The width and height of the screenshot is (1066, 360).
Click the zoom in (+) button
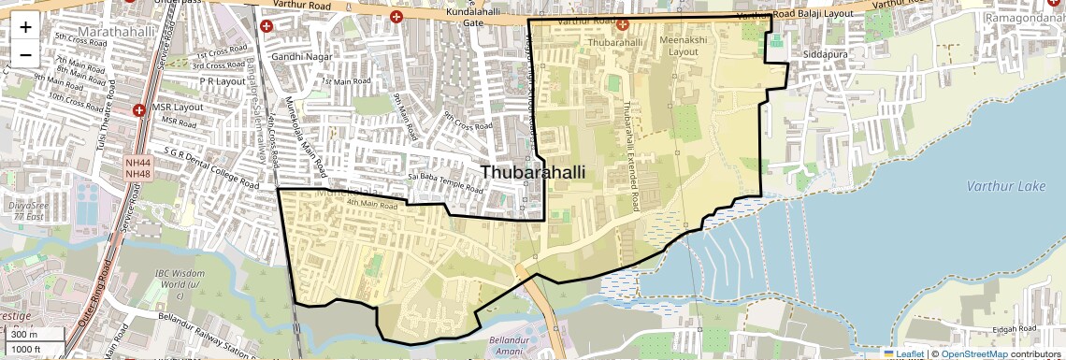point(25,28)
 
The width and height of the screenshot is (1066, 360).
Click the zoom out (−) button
point(25,54)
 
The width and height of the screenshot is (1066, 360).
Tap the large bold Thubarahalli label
point(534,172)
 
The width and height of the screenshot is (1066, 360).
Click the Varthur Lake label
point(1006,186)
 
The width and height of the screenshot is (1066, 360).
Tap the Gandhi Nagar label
point(296,57)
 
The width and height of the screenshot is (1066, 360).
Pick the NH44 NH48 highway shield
point(138,168)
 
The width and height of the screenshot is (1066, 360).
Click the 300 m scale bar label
point(25,335)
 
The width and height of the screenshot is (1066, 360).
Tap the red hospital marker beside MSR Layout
point(138,110)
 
